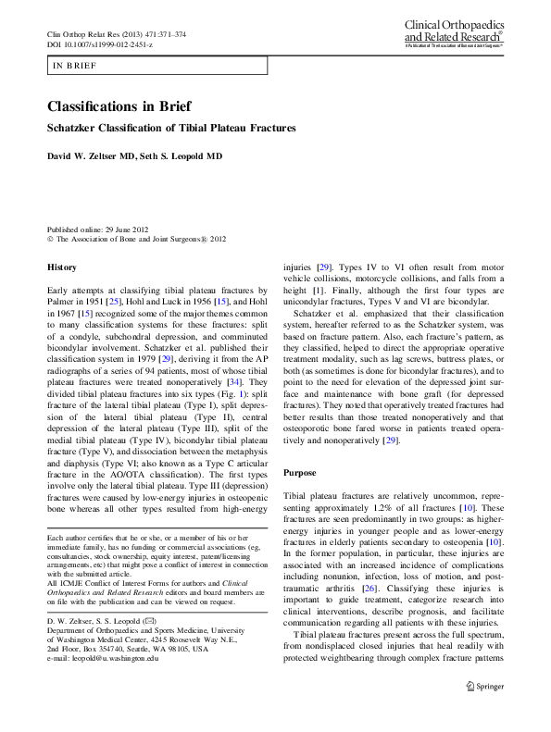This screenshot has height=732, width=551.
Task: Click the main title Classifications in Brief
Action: [125, 108]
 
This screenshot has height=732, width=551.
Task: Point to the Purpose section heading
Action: [300, 472]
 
